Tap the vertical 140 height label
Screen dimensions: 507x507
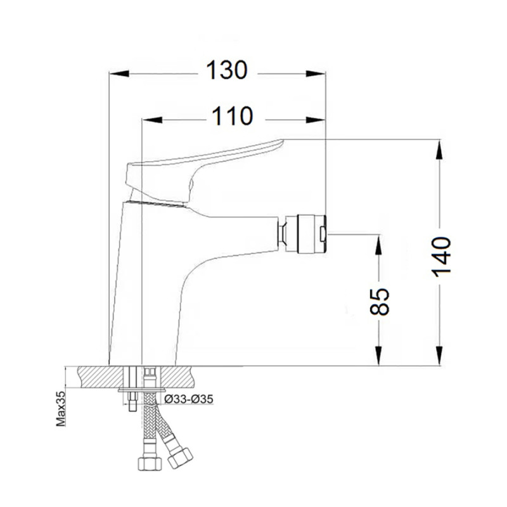click(x=442, y=255)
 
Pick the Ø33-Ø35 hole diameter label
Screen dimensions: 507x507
click(x=188, y=399)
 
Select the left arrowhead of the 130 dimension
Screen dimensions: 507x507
click(x=118, y=74)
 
